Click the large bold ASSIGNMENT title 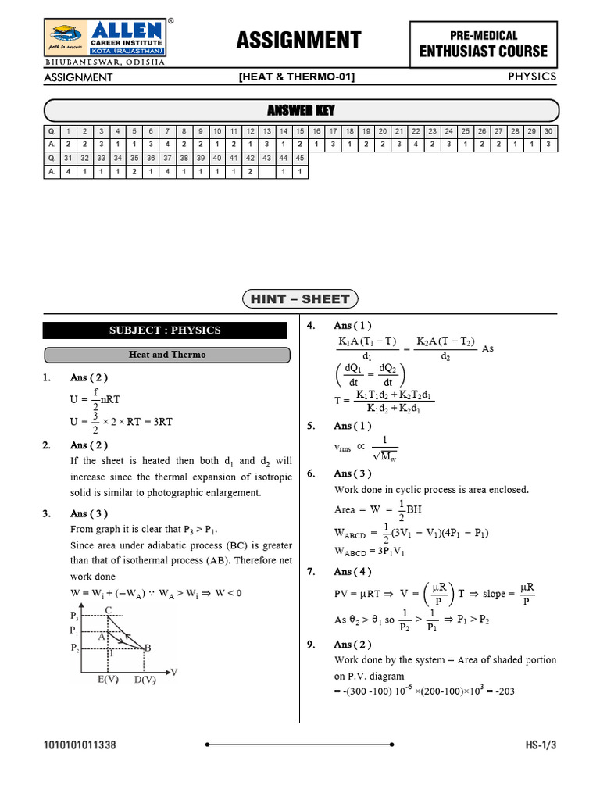point(298,40)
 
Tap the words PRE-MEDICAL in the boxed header point(484,35)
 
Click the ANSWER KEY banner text point(301,110)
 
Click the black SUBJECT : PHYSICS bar point(165,330)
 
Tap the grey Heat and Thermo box point(166,355)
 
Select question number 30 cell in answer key point(548,131)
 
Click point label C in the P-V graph point(107,610)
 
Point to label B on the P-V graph point(148,647)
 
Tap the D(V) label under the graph point(145,679)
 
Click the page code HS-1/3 point(541,745)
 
